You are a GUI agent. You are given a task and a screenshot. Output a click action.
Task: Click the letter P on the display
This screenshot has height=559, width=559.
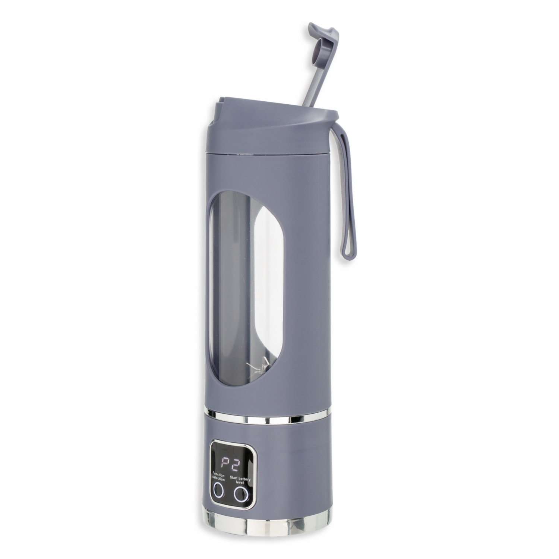pos(224,464)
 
